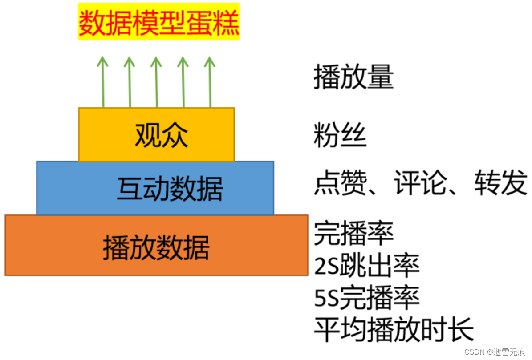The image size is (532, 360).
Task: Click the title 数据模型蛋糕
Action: pyautogui.click(x=159, y=22)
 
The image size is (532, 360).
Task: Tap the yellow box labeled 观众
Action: pyautogui.click(x=156, y=134)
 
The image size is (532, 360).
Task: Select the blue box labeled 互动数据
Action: pyautogui.click(x=155, y=188)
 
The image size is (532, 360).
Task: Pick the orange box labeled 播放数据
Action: pyautogui.click(x=156, y=245)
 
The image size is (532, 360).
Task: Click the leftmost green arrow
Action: pyautogui.click(x=103, y=82)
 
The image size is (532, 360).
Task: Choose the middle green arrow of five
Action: pyautogui.click(x=156, y=82)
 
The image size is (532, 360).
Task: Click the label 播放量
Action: pyautogui.click(x=353, y=77)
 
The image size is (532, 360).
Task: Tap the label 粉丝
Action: pyautogui.click(x=340, y=135)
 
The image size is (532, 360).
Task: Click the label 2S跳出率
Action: pyautogui.click(x=367, y=266)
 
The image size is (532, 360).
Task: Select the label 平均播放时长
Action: pyautogui.click(x=394, y=329)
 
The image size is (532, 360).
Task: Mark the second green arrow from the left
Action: pyautogui.click(x=130, y=82)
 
